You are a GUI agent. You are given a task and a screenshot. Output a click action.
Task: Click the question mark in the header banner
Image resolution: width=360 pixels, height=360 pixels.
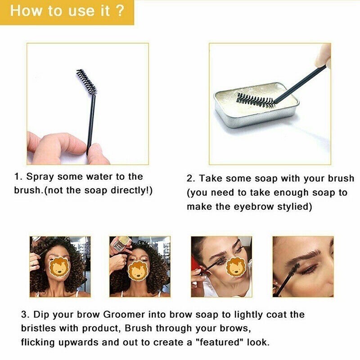[x=120, y=11]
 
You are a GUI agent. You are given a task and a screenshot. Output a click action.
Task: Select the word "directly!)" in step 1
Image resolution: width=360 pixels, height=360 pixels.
[x=131, y=190]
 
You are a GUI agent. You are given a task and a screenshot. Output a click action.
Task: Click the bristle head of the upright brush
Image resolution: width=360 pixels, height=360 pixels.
[x=86, y=82]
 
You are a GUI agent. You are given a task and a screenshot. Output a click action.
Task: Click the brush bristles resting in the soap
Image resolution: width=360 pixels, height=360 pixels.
[x=255, y=100]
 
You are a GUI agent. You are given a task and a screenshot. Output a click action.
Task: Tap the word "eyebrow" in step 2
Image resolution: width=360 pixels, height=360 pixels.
[x=253, y=207]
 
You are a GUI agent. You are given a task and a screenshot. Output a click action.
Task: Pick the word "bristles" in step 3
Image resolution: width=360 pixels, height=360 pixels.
[x=38, y=328]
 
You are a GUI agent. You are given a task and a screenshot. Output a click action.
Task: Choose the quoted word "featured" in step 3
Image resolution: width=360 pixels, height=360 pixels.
[x=221, y=342]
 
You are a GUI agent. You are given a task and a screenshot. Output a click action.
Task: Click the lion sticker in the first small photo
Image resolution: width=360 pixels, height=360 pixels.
[x=60, y=269]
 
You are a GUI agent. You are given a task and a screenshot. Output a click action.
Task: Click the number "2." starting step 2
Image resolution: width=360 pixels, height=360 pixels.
[x=191, y=179]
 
